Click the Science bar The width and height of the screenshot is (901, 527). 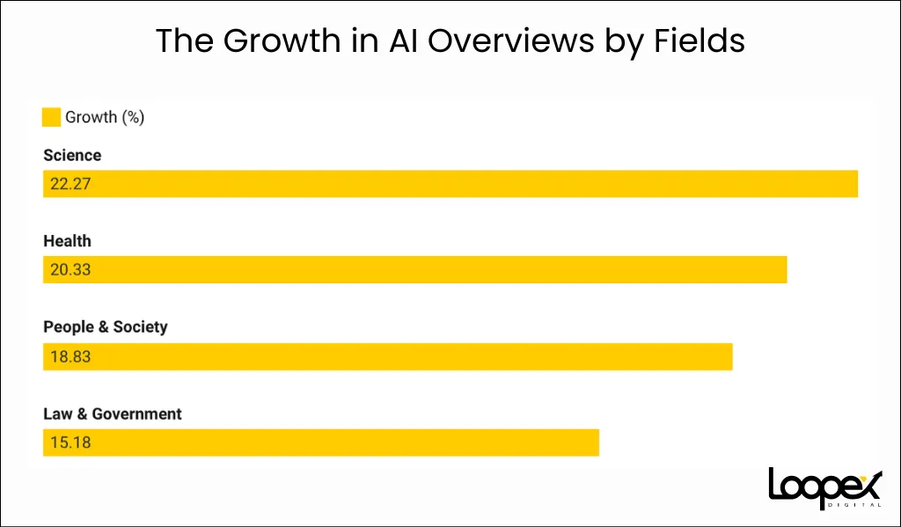pos(450,184)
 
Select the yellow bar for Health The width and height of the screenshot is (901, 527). pos(415,269)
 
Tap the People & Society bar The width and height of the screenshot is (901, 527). pos(388,357)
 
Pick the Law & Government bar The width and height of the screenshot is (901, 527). pos(321,443)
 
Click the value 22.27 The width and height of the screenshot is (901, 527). pos(70,184)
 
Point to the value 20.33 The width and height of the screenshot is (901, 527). pos(70,269)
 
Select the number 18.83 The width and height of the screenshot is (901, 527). pos(70,357)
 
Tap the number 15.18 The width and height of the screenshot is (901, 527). pos(70,443)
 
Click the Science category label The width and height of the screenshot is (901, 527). pos(72,155)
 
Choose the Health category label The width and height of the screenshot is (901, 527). pos(67,241)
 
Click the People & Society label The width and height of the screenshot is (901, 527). pos(106,327)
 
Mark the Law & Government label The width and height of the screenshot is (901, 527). pos(113,414)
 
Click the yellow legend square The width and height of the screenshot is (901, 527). pos(51,117)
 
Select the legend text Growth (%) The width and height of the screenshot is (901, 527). pos(105,117)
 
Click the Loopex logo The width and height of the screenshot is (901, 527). pos(825,488)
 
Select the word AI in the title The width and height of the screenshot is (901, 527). pos(403,40)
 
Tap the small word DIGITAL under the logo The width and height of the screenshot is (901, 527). pos(855,505)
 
